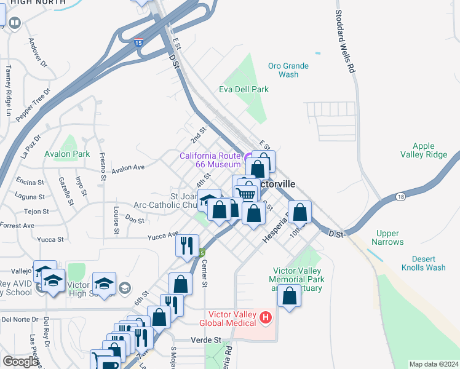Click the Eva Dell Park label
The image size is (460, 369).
[x=244, y=89]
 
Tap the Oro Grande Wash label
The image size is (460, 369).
[x=288, y=70]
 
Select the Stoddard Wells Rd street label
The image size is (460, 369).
[x=344, y=42]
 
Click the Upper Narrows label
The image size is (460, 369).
[x=388, y=237]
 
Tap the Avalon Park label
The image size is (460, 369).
[x=67, y=154]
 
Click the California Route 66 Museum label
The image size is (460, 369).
[x=210, y=160]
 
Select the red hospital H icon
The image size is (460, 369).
[x=265, y=318]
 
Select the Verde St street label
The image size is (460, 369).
[x=206, y=339]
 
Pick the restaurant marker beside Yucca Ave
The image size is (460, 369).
[x=187, y=244]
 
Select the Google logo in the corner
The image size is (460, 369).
[x=20, y=362]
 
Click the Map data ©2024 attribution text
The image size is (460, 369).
[x=433, y=364]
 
